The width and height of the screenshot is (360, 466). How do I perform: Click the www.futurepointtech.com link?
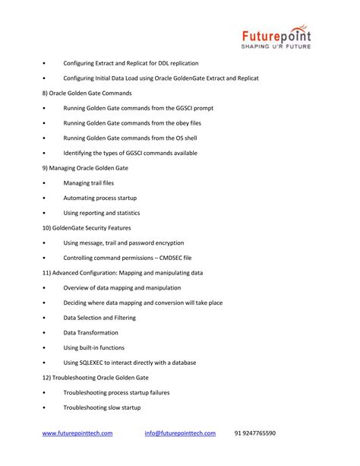pyautogui.click(x=77, y=433)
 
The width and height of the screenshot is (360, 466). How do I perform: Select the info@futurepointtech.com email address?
pyautogui.click(x=180, y=433)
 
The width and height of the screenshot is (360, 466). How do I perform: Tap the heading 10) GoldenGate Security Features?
pyautogui.click(x=87, y=227)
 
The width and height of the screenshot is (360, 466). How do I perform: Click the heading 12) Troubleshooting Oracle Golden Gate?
pyautogui.click(x=95, y=377)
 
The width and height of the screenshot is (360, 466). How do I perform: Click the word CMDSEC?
pyautogui.click(x=172, y=258)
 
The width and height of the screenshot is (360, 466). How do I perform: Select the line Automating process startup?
pyautogui.click(x=100, y=198)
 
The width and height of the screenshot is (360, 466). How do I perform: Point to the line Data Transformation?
pyautogui.click(x=90, y=332)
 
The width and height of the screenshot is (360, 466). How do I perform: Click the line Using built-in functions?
pyautogui.click(x=94, y=347)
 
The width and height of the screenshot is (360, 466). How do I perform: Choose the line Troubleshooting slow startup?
pyautogui.click(x=102, y=407)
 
